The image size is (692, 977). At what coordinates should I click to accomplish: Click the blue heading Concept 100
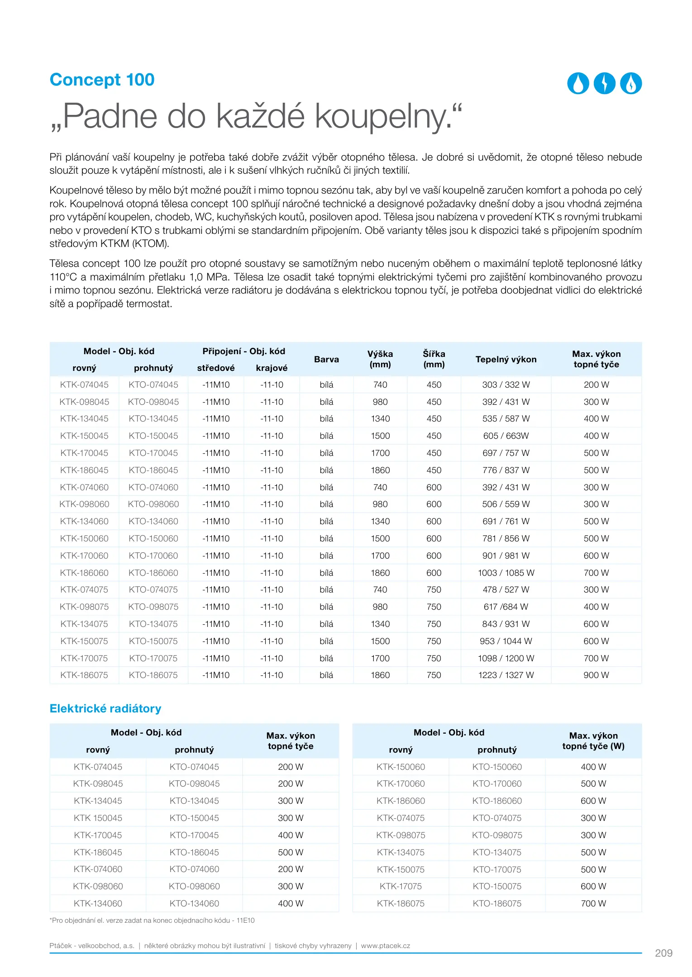[x=102, y=80]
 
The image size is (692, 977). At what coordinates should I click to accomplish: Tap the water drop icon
[x=578, y=83]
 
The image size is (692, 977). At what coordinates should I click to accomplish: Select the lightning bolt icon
[x=604, y=83]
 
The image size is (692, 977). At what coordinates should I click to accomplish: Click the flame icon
[x=631, y=83]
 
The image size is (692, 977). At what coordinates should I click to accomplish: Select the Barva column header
[x=326, y=359]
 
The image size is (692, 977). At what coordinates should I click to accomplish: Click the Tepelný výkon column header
[x=506, y=359]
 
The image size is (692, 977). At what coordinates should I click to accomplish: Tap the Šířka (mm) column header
[x=434, y=359]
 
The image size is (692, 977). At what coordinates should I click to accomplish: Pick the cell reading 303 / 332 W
[x=506, y=384]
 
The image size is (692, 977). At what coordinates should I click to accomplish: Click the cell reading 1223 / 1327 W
[x=506, y=675]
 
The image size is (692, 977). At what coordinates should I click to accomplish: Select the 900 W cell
[x=596, y=675]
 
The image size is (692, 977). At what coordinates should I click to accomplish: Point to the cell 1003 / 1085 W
[x=506, y=573]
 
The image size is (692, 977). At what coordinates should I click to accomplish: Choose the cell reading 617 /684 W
[x=506, y=607]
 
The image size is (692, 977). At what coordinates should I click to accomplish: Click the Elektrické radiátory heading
[x=105, y=708]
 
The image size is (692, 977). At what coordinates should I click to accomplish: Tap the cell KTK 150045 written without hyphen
[x=98, y=818]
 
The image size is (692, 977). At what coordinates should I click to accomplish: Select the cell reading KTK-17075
[x=401, y=886]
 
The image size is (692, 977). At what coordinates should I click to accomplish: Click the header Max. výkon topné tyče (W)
[x=593, y=741]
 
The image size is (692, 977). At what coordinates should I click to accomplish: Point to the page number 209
[x=663, y=953]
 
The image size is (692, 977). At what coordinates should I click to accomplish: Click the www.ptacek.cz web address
[x=386, y=945]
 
